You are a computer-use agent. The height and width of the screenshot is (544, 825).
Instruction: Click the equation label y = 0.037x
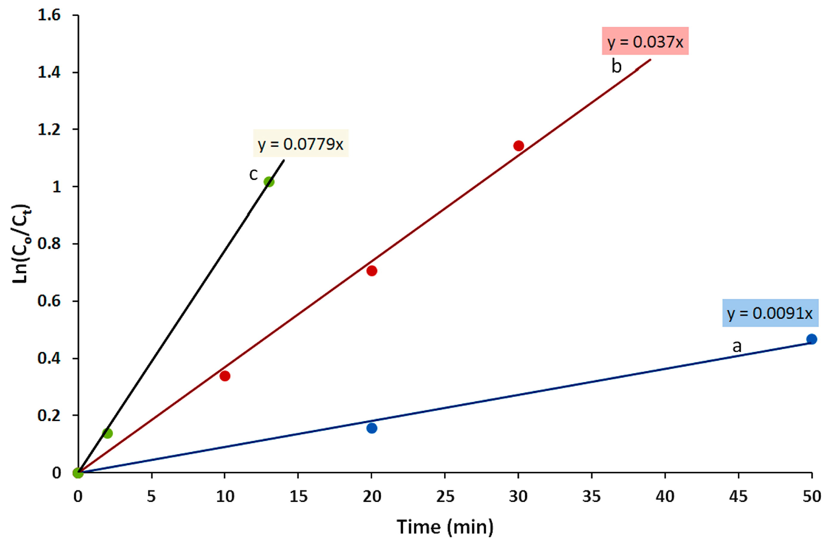point(645,41)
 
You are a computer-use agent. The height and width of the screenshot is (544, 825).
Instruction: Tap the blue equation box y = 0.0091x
point(770,313)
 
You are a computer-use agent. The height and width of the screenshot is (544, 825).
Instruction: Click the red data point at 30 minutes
point(518,145)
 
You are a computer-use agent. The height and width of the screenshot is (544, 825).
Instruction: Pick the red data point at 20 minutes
point(372,271)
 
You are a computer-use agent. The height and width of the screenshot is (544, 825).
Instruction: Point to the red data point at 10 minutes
point(225,376)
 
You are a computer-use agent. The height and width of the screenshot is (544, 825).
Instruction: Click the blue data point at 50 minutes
point(812,339)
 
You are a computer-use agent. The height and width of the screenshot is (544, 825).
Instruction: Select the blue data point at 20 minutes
point(372,428)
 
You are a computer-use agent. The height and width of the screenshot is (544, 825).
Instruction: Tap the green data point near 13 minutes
point(269,182)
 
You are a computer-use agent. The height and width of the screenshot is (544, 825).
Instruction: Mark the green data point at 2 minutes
point(107,433)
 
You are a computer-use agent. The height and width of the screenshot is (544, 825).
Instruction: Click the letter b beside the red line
point(616,66)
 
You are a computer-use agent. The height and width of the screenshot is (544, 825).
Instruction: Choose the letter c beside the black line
point(254,174)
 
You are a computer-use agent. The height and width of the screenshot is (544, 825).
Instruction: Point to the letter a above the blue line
point(737,346)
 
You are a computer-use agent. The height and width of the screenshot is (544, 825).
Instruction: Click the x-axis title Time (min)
point(445,527)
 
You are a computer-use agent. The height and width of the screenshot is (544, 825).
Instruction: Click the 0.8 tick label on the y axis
point(49,244)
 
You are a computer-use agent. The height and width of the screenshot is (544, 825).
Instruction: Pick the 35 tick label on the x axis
point(591,497)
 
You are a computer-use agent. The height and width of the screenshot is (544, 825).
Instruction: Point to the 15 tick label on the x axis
point(298,497)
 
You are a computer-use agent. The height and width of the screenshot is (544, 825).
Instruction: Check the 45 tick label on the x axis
point(738,497)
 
